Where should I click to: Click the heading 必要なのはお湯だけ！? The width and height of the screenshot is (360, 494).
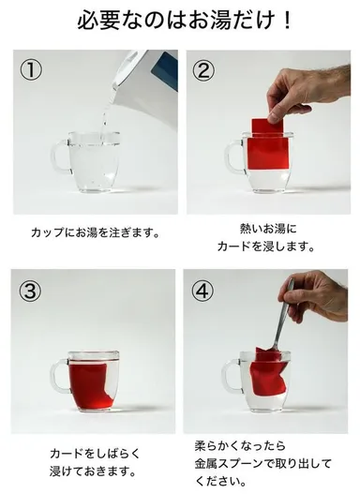tap(180, 22)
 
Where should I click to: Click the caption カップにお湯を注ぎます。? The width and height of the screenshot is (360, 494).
tap(96, 231)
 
